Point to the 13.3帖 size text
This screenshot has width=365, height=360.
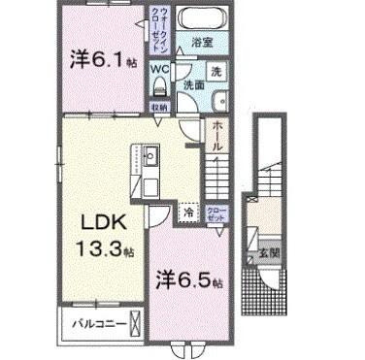coord(98,249)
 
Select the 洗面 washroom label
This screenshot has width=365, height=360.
coord(193,85)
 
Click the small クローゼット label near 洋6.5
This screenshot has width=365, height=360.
coord(215,210)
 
